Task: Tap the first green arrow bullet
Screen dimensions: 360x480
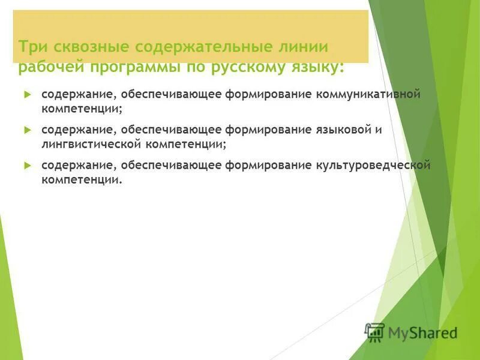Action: pos(26,95)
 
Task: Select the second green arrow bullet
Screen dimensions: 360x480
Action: pos(26,130)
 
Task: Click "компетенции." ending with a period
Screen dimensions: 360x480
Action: pos(82,179)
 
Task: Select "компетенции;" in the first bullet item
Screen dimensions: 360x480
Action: pos(82,110)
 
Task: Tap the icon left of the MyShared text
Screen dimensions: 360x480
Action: pos(375,332)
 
